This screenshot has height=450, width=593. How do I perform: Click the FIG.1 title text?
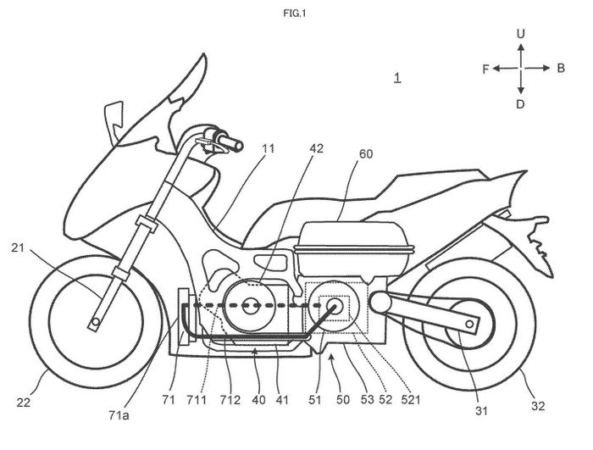pyautogui.click(x=295, y=14)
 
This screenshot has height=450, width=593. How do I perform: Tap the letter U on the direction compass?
pyautogui.click(x=521, y=34)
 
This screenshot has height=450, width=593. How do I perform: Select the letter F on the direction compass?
pyautogui.click(x=486, y=69)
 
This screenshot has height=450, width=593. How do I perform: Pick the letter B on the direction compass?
pyautogui.click(x=561, y=68)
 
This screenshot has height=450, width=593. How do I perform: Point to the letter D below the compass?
pyautogui.click(x=520, y=104)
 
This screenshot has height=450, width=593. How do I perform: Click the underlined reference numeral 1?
pyautogui.click(x=396, y=78)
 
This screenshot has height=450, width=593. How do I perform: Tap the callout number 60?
pyautogui.click(x=366, y=154)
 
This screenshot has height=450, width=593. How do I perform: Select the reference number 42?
pyautogui.click(x=317, y=149)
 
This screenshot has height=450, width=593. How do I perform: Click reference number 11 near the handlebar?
pyautogui.click(x=269, y=148)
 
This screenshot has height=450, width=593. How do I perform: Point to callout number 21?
pyautogui.click(x=18, y=248)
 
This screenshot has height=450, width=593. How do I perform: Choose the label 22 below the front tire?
pyautogui.click(x=24, y=403)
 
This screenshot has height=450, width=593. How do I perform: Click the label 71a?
pyautogui.click(x=119, y=415)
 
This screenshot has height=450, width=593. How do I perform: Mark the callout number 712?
pyautogui.click(x=230, y=400)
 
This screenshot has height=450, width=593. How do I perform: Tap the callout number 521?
pyautogui.click(x=411, y=399)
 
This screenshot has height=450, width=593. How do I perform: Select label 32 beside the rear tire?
pyautogui.click(x=538, y=406)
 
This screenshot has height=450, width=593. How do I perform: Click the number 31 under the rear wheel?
pyautogui.click(x=481, y=411)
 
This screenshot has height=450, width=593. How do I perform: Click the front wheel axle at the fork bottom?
pyautogui.click(x=96, y=322)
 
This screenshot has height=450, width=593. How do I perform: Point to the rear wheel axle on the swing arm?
pyautogui.click(x=469, y=324)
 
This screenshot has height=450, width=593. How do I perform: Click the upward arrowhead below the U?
pyautogui.click(x=521, y=47)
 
